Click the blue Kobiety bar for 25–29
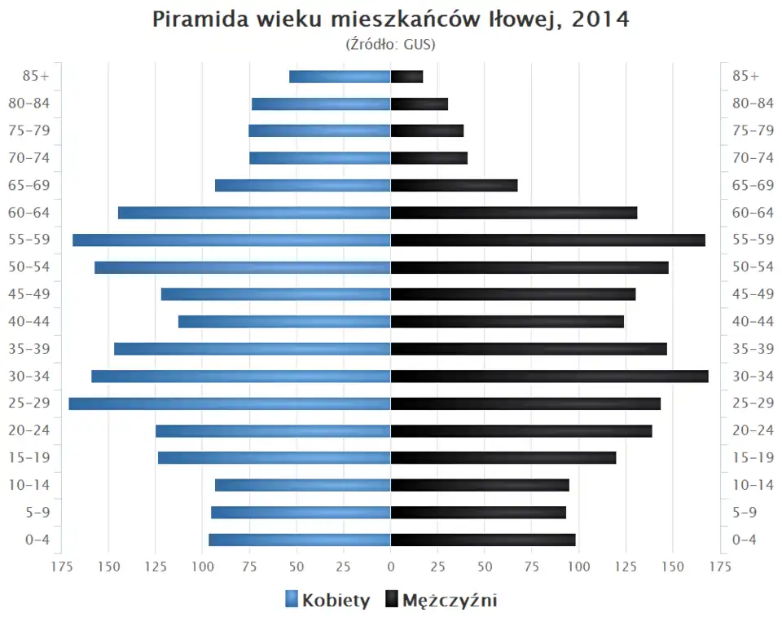pos(230,403)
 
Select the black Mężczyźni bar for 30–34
pos(549,376)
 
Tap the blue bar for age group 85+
pos(340,77)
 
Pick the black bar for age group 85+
pos(406,77)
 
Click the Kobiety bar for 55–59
pos(231,240)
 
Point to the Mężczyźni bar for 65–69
pos(454,185)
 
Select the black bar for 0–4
pos(483,540)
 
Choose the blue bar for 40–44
pos(284,321)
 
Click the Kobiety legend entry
pos(327,601)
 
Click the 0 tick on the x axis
pos(391,566)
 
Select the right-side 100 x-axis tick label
pos(578,566)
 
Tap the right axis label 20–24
pos(753,430)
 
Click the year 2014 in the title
pos(601,20)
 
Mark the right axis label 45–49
pos(753,294)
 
